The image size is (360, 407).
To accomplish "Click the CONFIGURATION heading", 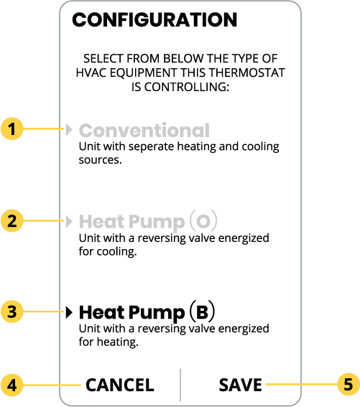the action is click(x=154, y=19).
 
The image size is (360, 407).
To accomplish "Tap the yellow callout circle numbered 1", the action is click(x=12, y=128).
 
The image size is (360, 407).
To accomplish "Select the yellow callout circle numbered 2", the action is click(x=12, y=220).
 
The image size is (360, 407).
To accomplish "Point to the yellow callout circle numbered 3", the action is click(x=12, y=312).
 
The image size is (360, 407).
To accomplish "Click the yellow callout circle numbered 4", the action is click(x=12, y=385).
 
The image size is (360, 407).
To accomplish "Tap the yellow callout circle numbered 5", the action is click(x=349, y=384).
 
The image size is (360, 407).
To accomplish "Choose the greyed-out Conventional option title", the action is click(x=144, y=131).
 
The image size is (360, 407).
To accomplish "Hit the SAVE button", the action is click(x=241, y=385).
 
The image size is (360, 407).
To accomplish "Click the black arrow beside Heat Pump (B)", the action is click(x=69, y=312).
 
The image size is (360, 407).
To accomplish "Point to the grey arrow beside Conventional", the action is click(x=69, y=129).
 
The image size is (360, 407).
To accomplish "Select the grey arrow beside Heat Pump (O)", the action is click(x=69, y=221).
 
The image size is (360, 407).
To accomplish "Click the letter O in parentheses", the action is click(x=203, y=221).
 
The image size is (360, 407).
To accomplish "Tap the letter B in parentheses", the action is click(x=202, y=312).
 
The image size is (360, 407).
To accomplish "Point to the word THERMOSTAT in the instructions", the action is click(x=247, y=72).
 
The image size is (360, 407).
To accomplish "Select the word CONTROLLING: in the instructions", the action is click(x=187, y=88).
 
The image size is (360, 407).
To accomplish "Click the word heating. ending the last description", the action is click(x=118, y=342).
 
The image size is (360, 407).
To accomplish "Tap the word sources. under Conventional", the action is click(x=101, y=160).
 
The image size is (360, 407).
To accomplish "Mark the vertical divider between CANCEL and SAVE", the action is click(x=180, y=385).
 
